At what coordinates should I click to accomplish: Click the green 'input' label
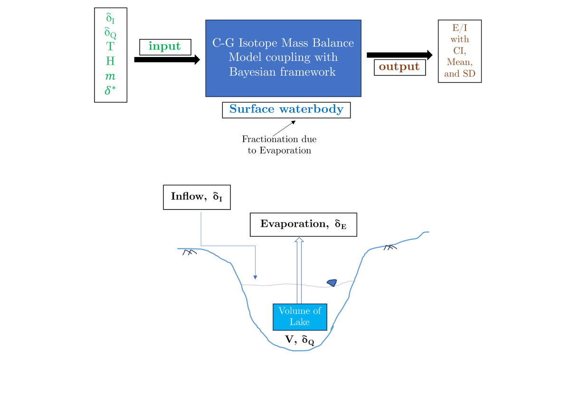pyautogui.click(x=165, y=47)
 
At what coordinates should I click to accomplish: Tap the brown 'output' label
pyautogui.click(x=399, y=67)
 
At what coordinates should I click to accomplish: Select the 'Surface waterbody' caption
pyautogui.click(x=286, y=109)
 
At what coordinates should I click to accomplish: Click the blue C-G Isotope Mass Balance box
pyautogui.click(x=283, y=58)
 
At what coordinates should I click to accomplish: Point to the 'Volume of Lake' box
pyautogui.click(x=300, y=317)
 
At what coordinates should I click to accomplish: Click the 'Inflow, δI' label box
pyautogui.click(x=197, y=197)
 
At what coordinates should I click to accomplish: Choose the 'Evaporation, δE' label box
pyautogui.click(x=303, y=224)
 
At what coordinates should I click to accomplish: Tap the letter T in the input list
pyautogui.click(x=110, y=47)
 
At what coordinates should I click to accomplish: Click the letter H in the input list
pyautogui.click(x=110, y=61)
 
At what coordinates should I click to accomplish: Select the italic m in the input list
pyautogui.click(x=110, y=76)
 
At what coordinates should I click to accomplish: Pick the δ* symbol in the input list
pyautogui.click(x=110, y=90)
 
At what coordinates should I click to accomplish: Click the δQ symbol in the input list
pyautogui.click(x=110, y=33)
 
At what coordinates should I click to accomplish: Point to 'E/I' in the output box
pyautogui.click(x=459, y=29)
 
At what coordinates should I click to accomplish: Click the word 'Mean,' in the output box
pyautogui.click(x=459, y=62)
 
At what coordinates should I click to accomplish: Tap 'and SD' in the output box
pyautogui.click(x=459, y=74)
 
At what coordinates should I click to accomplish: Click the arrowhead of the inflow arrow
pyautogui.click(x=256, y=277)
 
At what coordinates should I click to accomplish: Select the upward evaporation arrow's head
pyautogui.click(x=299, y=240)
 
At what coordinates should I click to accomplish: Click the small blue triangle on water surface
pyautogui.click(x=332, y=283)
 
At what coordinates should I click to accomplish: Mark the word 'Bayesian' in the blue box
pyautogui.click(x=251, y=72)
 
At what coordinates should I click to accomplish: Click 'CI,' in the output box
pyautogui.click(x=459, y=51)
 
